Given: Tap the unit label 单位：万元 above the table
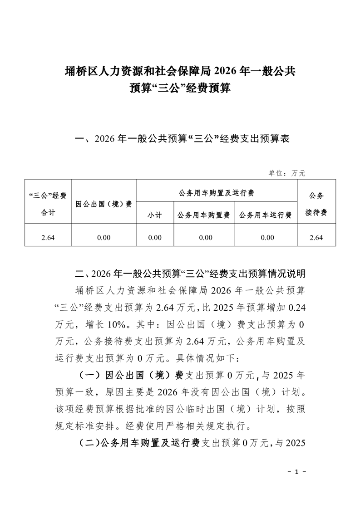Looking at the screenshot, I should [x=287, y=173].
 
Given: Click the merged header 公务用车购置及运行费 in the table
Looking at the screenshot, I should [x=217, y=193].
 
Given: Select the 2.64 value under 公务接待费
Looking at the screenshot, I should [x=316, y=237].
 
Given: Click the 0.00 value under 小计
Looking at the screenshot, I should [x=155, y=237].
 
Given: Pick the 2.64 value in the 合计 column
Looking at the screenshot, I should [x=48, y=237].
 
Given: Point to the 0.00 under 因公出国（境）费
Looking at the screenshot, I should [x=104, y=237].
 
